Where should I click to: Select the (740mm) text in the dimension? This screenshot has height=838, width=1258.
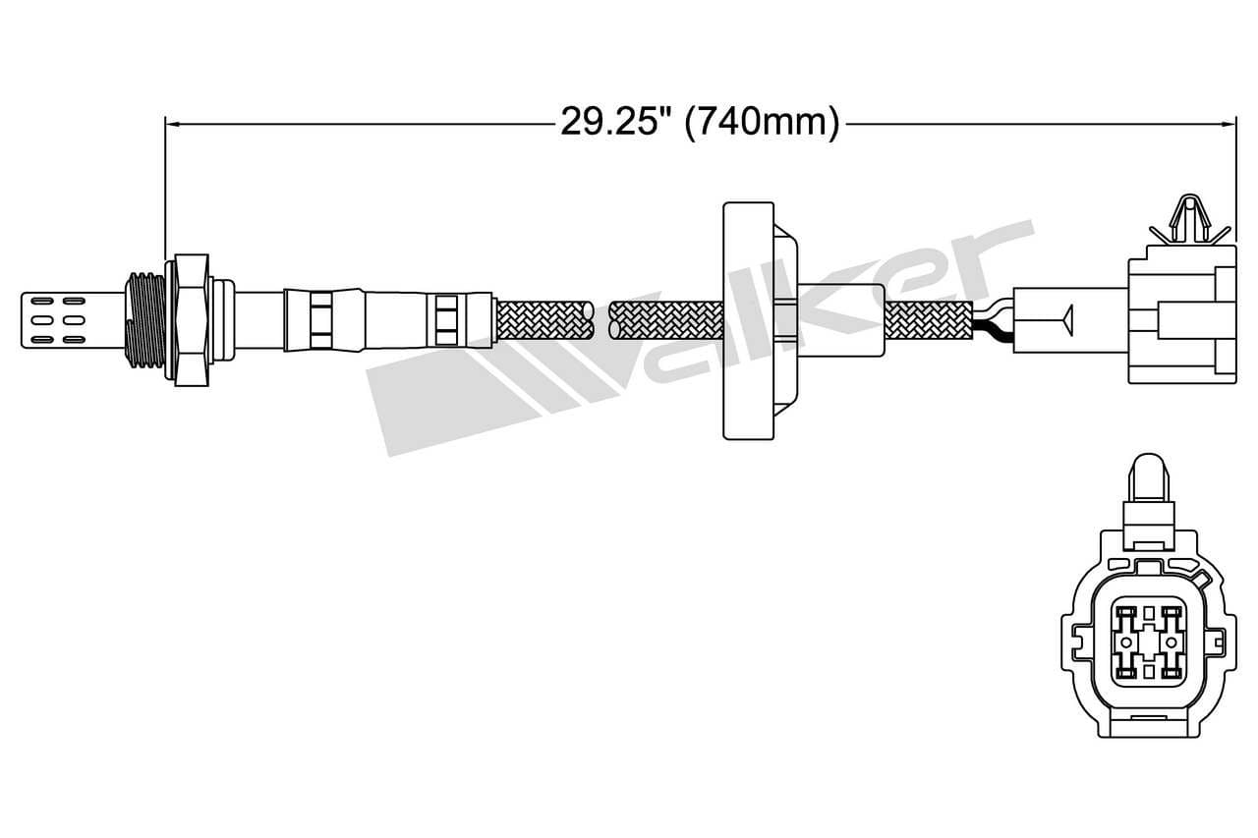[x=762, y=122]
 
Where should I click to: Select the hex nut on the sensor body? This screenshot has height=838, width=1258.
[x=191, y=319]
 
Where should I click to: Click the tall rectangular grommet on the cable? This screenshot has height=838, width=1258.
[x=748, y=319]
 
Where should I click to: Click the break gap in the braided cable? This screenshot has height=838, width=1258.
[x=601, y=320]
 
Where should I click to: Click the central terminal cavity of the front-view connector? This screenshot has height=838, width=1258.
[x=1148, y=643]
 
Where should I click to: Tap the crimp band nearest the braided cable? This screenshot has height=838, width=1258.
[x=446, y=319]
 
